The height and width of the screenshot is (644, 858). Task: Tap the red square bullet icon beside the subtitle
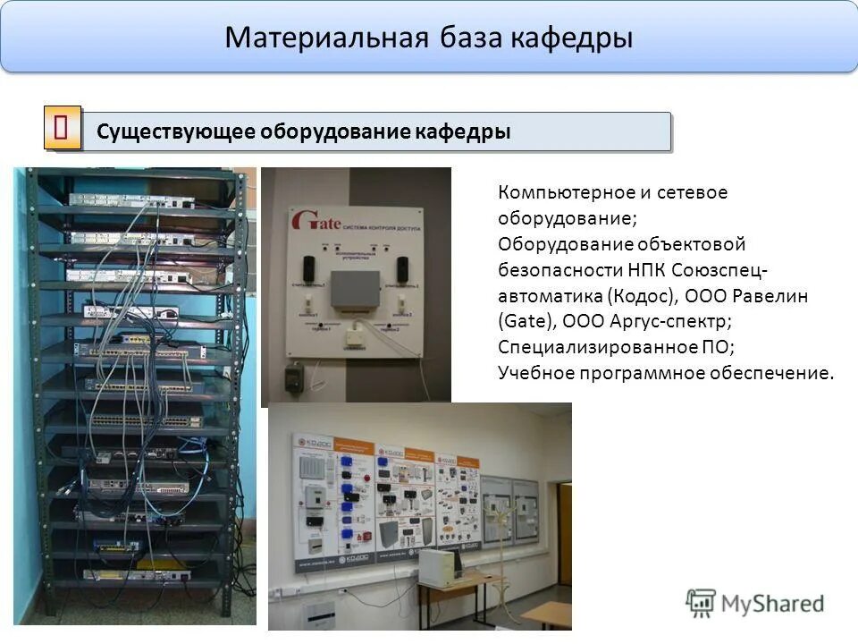[x=63, y=128]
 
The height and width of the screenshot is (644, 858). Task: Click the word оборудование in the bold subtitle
[x=335, y=132]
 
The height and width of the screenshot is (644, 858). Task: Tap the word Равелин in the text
[x=775, y=295]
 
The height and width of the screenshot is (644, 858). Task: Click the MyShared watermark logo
[x=755, y=603]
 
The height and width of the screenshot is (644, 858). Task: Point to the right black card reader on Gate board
[x=402, y=267]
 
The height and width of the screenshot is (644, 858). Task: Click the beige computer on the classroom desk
[x=438, y=566]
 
